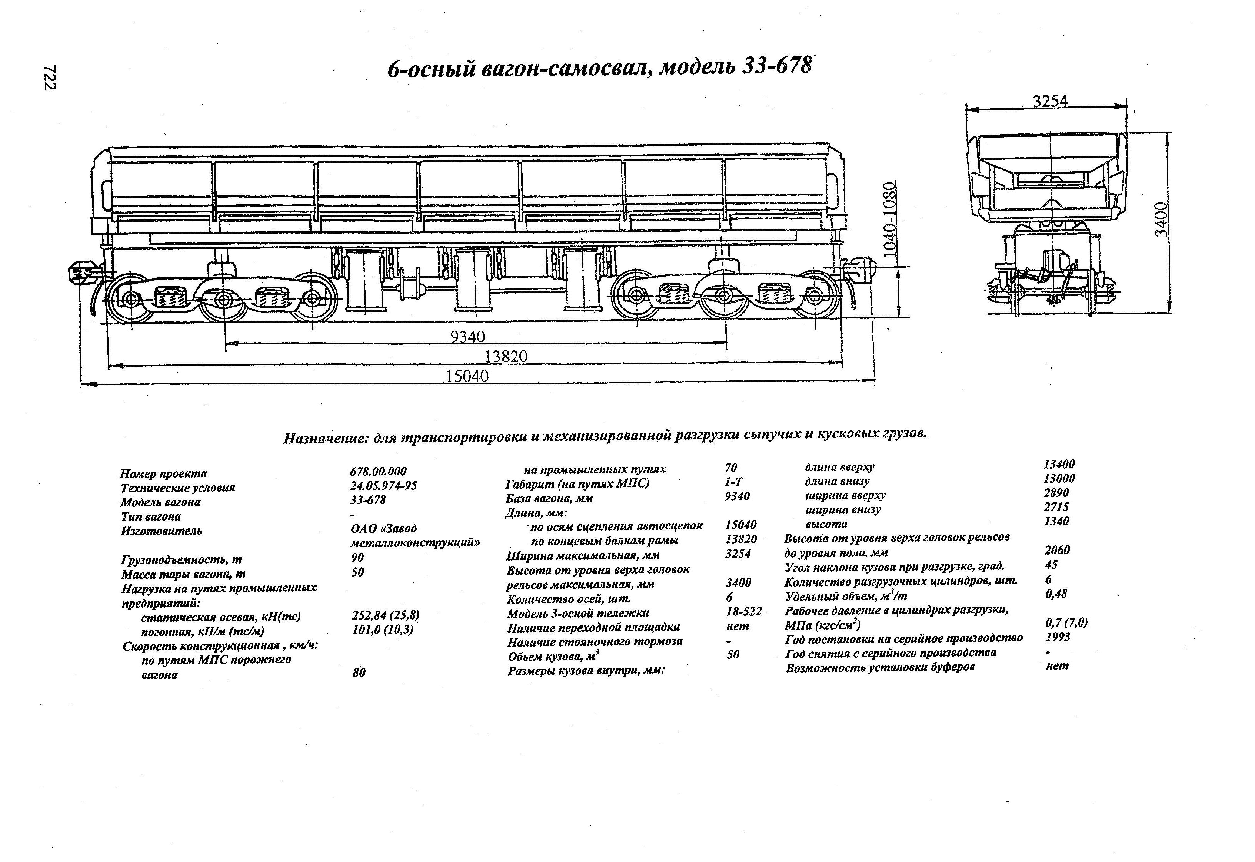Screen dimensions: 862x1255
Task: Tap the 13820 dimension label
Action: click(506, 357)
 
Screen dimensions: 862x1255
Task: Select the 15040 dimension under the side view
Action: click(467, 376)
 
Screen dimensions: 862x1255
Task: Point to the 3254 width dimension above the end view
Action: click(1050, 102)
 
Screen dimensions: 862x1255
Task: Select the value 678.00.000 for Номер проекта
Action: click(378, 471)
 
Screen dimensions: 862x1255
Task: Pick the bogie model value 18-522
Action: click(743, 611)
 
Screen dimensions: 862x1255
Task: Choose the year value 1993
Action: click(1057, 637)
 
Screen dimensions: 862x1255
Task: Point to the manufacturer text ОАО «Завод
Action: click(383, 528)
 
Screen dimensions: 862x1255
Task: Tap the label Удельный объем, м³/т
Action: click(846, 596)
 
